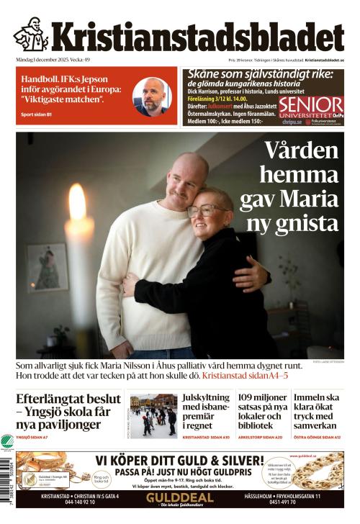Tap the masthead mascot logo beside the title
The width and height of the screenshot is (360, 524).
pos(31,34)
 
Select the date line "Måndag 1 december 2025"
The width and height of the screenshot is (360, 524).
pos(43,60)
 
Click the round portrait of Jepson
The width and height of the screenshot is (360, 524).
pos(152,96)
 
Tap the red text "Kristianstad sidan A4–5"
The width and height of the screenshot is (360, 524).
pos(245,376)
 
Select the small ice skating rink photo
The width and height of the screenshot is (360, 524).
pos(153,415)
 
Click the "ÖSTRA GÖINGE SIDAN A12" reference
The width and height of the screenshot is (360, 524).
pos(317,437)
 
